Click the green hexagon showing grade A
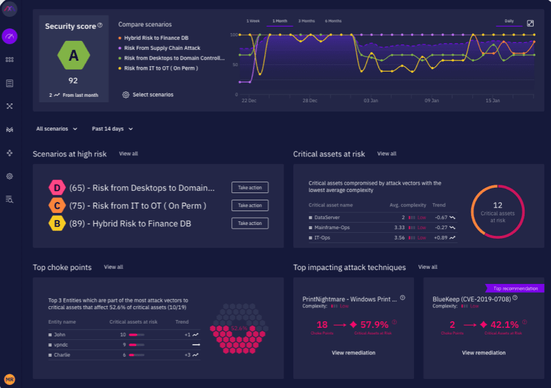click(x=73, y=56)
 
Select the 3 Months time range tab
click(x=306, y=21)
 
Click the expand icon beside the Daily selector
click(x=530, y=23)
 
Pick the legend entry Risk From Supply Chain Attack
click(x=162, y=48)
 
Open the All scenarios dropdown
click(x=57, y=129)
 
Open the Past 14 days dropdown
click(x=112, y=129)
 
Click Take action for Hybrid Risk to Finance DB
click(x=250, y=223)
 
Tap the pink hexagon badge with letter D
click(x=57, y=188)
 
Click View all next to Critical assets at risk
click(x=386, y=154)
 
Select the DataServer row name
click(x=327, y=217)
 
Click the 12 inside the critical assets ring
click(x=498, y=205)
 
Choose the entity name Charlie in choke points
click(x=61, y=355)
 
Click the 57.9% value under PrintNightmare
click(x=374, y=325)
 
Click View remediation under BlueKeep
click(x=483, y=353)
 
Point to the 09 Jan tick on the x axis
click(x=432, y=100)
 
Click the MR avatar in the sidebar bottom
click(x=10, y=379)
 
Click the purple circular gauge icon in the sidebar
click(x=10, y=36)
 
